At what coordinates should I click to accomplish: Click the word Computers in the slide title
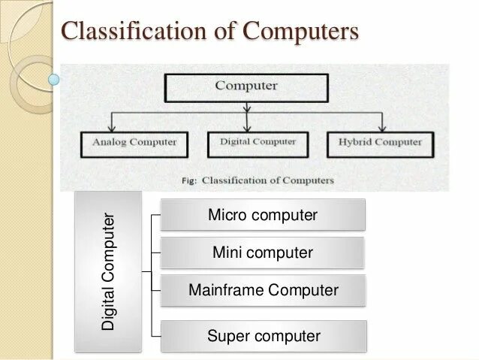[x=303, y=32]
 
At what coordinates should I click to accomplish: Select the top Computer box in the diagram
[x=246, y=86]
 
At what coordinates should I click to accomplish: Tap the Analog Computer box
[x=134, y=142]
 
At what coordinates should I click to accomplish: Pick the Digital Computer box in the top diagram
[x=258, y=142]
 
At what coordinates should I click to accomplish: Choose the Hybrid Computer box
[x=380, y=142]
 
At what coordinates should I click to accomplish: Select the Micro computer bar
[x=263, y=215]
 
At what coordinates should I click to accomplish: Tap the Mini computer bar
[x=263, y=253]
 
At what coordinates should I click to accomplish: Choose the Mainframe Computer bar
[x=263, y=290]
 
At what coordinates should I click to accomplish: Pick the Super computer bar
[x=263, y=336]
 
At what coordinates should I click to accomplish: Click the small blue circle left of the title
[x=53, y=77]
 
